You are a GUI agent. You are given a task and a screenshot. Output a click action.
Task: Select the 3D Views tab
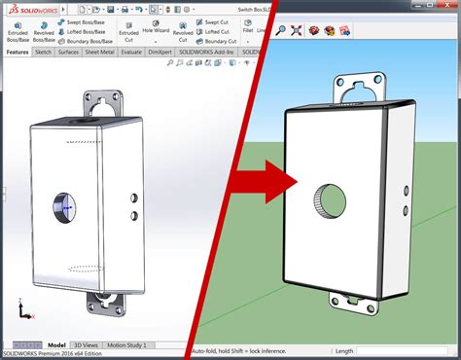(x=87, y=344)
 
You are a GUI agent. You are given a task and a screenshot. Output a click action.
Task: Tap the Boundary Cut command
(x=220, y=41)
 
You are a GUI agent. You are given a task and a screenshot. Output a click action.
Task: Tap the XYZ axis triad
(x=20, y=311)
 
